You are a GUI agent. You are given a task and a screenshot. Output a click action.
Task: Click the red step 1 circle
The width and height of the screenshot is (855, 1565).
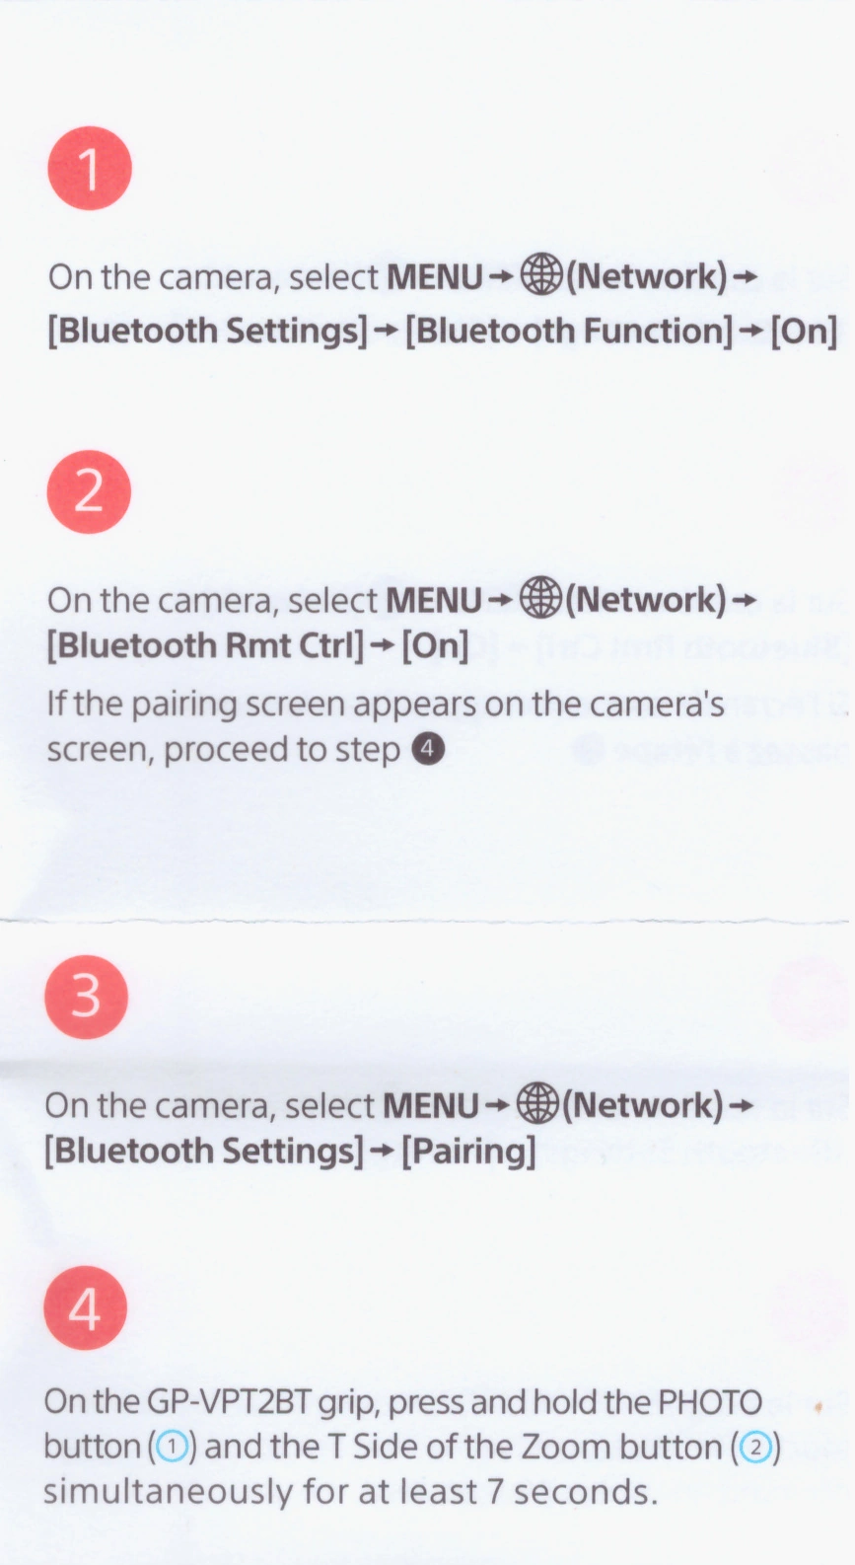[90, 169]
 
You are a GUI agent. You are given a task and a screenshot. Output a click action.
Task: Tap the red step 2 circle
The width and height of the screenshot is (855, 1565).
[89, 491]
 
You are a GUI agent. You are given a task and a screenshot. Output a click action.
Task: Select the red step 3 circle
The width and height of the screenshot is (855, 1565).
[87, 997]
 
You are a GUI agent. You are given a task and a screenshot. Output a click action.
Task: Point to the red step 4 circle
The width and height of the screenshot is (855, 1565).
[85, 1307]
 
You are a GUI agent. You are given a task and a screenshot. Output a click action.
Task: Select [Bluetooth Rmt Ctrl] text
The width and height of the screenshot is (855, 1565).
[205, 644]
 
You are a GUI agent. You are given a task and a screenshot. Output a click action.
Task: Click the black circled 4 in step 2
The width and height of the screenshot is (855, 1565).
[429, 748]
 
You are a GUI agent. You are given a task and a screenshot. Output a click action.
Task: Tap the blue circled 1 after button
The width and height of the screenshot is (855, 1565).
[171, 1447]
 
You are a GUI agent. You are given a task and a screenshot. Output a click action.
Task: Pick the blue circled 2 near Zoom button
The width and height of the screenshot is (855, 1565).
[753, 1447]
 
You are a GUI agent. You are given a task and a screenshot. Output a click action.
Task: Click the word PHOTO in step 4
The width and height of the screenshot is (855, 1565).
[710, 1401]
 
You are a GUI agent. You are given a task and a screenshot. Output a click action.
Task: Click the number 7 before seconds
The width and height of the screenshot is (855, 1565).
[495, 1492]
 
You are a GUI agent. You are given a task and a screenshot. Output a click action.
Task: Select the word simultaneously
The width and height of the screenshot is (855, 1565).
[168, 1493]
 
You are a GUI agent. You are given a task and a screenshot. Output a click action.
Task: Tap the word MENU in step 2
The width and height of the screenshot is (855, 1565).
[433, 600]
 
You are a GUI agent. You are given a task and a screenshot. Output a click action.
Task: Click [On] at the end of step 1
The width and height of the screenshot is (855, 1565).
[803, 331]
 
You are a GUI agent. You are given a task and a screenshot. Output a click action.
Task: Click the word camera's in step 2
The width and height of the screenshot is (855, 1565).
[657, 705]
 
